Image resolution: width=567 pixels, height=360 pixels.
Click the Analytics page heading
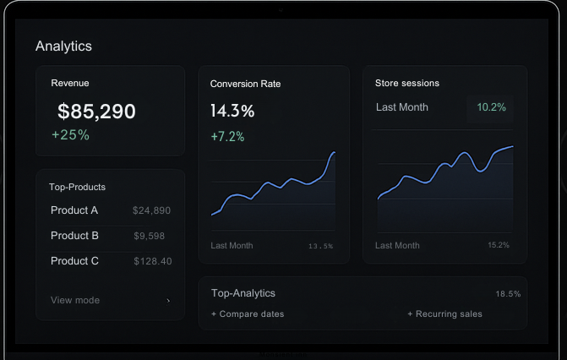(x=63, y=46)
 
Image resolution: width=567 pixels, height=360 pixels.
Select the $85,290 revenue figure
(x=96, y=111)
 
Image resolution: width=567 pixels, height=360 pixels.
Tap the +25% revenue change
(x=70, y=134)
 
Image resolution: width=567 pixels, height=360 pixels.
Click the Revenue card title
(x=70, y=83)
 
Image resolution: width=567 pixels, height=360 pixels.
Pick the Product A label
(x=74, y=210)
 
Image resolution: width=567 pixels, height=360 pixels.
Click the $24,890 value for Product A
(x=152, y=210)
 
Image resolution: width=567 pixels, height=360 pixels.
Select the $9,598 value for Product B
(x=150, y=236)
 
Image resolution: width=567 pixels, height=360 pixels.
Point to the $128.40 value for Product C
(x=153, y=261)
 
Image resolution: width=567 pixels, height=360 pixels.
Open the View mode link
(x=75, y=300)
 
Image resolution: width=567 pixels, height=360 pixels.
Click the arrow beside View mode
(x=168, y=300)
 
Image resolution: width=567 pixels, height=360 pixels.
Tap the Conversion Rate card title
(x=245, y=84)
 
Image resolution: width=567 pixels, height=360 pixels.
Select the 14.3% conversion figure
(x=232, y=111)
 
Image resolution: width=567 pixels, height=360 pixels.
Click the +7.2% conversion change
(x=227, y=136)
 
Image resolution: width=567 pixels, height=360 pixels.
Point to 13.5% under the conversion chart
(x=321, y=246)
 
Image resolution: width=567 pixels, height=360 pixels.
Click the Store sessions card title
(x=407, y=83)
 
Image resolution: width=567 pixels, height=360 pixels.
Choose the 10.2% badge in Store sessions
(x=491, y=107)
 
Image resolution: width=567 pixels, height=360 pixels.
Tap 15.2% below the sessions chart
(x=499, y=245)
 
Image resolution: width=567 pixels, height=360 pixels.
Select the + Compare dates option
(x=248, y=314)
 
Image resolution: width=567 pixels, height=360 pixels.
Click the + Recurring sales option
(x=444, y=314)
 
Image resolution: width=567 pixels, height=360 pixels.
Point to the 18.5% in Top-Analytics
(x=508, y=294)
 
